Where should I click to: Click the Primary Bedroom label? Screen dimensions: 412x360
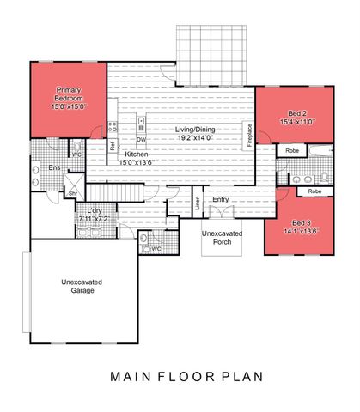[69, 93]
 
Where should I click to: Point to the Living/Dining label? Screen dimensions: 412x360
[196, 130]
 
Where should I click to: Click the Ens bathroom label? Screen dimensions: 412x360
[53, 168]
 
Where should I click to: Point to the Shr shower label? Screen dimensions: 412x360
[72, 193]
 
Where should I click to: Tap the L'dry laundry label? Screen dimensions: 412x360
[95, 211]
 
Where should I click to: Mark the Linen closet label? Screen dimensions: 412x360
[197, 203]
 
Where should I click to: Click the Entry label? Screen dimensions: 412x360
[221, 199]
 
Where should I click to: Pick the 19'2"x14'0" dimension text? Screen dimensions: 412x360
[196, 137]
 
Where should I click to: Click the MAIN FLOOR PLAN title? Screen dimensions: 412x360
[180, 376]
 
